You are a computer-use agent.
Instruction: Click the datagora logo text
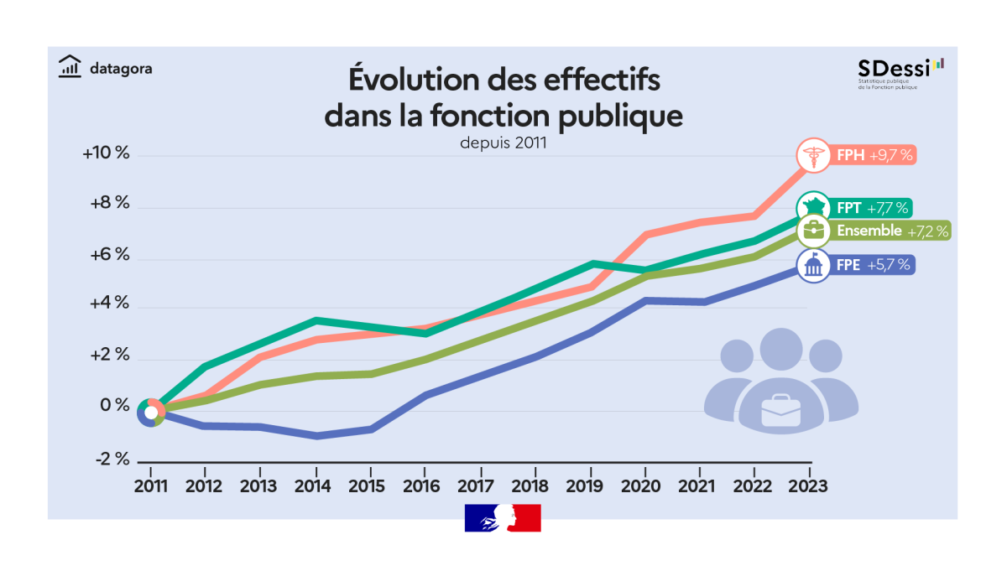120,68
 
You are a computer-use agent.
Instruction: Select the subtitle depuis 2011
503,143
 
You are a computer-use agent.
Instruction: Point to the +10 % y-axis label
107,154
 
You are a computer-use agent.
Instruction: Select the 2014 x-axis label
316,486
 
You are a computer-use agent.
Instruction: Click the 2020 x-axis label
644,486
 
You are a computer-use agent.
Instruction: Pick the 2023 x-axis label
809,486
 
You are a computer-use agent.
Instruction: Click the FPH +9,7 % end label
874,155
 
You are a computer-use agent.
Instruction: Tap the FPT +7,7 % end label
872,208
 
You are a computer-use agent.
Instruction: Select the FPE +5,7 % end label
873,266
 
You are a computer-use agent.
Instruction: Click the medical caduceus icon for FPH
812,155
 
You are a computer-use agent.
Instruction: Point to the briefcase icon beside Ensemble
812,230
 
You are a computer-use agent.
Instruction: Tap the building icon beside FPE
812,266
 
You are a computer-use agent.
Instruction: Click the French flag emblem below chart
503,517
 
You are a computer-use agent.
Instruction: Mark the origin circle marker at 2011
151,412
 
